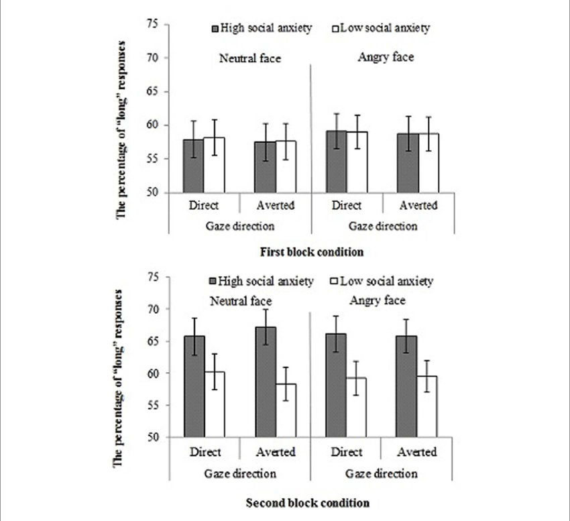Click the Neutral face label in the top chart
tap(250, 58)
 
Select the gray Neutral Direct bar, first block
tap(193, 166)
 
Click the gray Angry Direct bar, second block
tap(335, 386)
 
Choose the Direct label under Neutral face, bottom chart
tap(205, 452)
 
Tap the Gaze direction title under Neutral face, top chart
tap(241, 227)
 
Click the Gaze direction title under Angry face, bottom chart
tap(382, 473)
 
